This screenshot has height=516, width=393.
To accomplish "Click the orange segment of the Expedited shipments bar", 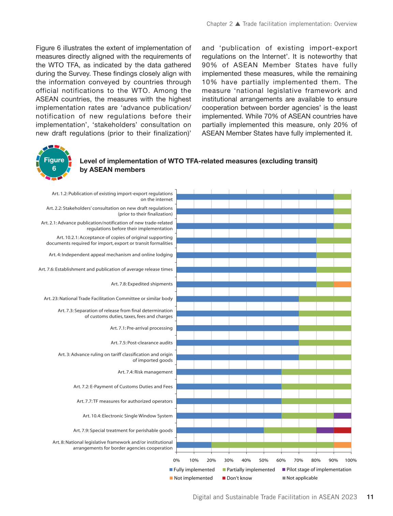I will (x=342, y=284).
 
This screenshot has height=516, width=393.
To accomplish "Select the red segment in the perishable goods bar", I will (x=342, y=430).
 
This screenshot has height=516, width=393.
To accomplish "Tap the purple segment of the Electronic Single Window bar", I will (x=342, y=416).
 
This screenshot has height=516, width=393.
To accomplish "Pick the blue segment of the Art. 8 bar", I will (x=194, y=445).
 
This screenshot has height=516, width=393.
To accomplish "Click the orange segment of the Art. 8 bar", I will (x=342, y=445).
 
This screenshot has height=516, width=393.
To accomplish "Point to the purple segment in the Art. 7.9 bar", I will (x=325, y=430).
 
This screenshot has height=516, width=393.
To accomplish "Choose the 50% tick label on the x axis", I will (x=264, y=460).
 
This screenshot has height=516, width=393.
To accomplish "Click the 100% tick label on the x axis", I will (x=351, y=460).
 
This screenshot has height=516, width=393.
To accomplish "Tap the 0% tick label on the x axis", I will (x=176, y=460).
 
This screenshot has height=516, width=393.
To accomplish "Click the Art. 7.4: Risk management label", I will (x=145, y=372).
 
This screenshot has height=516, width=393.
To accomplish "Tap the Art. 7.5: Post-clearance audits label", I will (x=142, y=343).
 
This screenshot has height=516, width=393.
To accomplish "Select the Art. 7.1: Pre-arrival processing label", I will (x=141, y=328).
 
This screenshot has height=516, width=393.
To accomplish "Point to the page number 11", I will (x=370, y=497).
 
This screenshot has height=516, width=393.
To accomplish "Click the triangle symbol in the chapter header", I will (x=238, y=24).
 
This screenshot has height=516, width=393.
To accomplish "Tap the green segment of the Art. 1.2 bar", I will (x=342, y=197).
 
